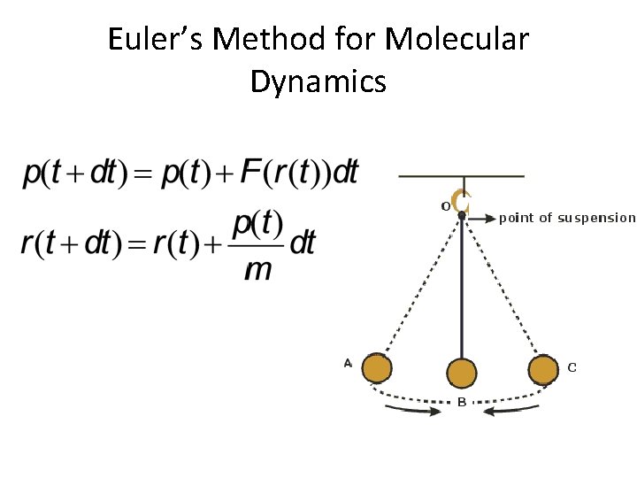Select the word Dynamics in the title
(x=318, y=81)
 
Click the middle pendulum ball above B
(x=461, y=374)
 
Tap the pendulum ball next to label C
(x=544, y=369)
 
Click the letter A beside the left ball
(x=348, y=362)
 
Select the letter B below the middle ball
(x=461, y=403)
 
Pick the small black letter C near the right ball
(x=572, y=366)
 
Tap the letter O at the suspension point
(x=445, y=206)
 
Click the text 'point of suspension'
(x=567, y=218)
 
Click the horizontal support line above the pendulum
(x=461, y=177)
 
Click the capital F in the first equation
(x=251, y=172)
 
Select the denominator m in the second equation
(x=257, y=268)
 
